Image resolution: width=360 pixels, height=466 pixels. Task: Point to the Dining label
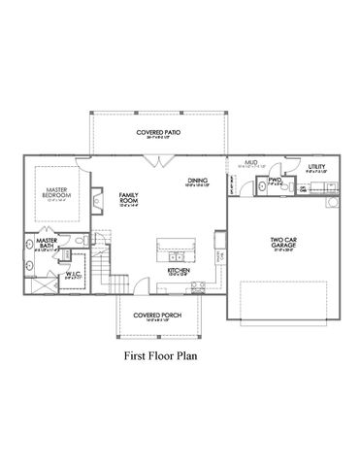click(x=199, y=181)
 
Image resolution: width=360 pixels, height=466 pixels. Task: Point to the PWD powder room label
click(x=275, y=181)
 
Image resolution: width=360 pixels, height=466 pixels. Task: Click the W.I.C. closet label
click(x=47, y=275)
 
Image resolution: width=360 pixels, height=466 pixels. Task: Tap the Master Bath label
click(x=45, y=244)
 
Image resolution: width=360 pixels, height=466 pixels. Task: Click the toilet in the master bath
click(x=85, y=240)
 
